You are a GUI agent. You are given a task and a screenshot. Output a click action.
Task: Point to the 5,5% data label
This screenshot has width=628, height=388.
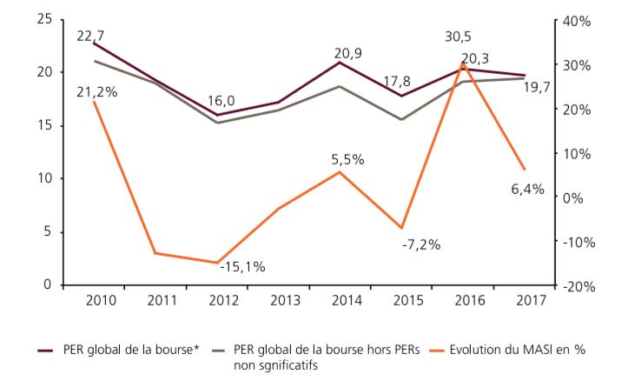coord(347,159)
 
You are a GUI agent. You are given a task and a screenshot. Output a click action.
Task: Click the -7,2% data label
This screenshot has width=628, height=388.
coord(421,244)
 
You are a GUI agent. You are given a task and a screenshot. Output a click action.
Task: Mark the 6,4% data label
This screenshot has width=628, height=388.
coord(527,190)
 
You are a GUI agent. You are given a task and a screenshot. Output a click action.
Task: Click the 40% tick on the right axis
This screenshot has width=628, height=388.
coord(576,20)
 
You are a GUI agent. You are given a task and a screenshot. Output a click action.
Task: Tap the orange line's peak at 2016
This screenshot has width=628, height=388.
coord(463,64)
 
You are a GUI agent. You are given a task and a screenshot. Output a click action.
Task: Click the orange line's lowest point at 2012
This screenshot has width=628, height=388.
coord(217,263)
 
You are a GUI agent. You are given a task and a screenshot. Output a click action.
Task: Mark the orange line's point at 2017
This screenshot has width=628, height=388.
coord(524,169)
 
